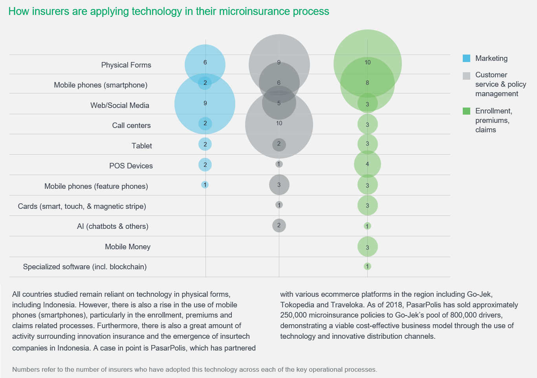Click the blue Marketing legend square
466,58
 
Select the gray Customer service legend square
466,76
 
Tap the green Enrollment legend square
466,111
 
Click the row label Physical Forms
126,65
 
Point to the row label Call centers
131,126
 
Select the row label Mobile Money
128,247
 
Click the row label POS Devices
131,166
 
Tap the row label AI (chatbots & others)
112,226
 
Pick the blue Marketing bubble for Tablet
205,144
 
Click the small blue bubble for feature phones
205,184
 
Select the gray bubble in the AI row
279,225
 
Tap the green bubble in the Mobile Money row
367,247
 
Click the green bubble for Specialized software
367,267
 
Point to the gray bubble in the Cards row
279,205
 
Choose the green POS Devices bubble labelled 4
367,164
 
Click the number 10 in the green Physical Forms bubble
367,62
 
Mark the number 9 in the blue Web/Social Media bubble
205,103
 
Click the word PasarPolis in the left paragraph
170,348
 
